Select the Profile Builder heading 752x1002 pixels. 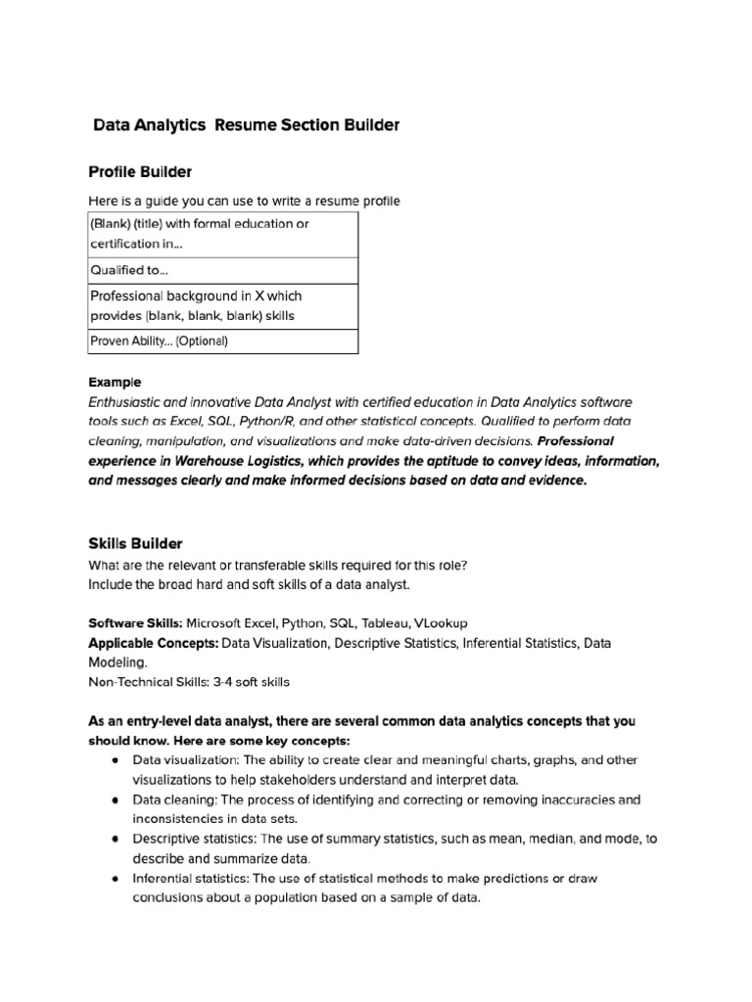pos(140,172)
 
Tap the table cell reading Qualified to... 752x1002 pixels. pos(223,270)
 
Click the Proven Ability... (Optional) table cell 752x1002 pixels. pos(223,341)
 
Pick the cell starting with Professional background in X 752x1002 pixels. pos(223,305)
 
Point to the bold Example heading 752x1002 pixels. pos(116,382)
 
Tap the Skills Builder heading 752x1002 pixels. pos(135,543)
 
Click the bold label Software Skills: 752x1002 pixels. pos(135,622)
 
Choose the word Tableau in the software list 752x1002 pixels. pos(386,622)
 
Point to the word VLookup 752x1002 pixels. pos(441,622)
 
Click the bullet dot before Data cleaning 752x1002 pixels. pos(116,799)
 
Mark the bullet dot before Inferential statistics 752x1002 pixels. pos(116,879)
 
